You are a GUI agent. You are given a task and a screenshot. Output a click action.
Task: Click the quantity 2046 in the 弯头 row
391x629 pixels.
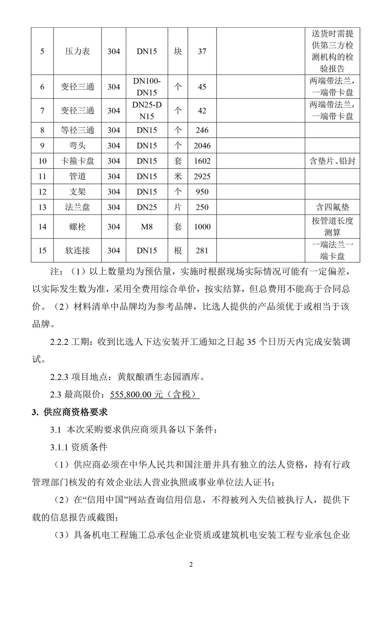click(x=202, y=146)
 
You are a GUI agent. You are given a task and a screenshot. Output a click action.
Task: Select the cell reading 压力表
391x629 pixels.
click(x=77, y=51)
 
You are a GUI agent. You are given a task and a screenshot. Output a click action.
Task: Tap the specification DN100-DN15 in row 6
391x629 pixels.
click(x=147, y=87)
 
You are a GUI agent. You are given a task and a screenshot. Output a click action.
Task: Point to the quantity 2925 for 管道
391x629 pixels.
click(x=202, y=176)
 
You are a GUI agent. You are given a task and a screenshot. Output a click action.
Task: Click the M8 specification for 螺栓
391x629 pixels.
click(x=147, y=227)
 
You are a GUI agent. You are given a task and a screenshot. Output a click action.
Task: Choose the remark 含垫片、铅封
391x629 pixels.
click(x=332, y=161)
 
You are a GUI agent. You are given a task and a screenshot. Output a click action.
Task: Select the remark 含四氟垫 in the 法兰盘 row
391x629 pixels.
click(x=332, y=207)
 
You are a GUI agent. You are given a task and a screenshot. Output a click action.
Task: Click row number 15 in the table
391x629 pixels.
click(x=42, y=251)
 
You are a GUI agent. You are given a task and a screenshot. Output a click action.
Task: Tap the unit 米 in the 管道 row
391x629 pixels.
click(x=178, y=176)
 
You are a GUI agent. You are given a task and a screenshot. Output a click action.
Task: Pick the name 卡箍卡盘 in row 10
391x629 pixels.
click(x=77, y=161)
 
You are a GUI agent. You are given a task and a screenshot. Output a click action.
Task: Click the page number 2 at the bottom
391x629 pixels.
click(x=191, y=565)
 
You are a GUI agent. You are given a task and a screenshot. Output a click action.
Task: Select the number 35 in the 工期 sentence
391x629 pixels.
click(x=251, y=342)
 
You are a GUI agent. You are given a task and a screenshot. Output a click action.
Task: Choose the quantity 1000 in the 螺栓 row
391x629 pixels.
click(x=202, y=227)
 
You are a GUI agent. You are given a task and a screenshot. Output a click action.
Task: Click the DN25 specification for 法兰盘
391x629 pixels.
click(x=147, y=207)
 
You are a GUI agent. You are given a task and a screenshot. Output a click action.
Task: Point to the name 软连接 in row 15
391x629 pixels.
click(x=77, y=251)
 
